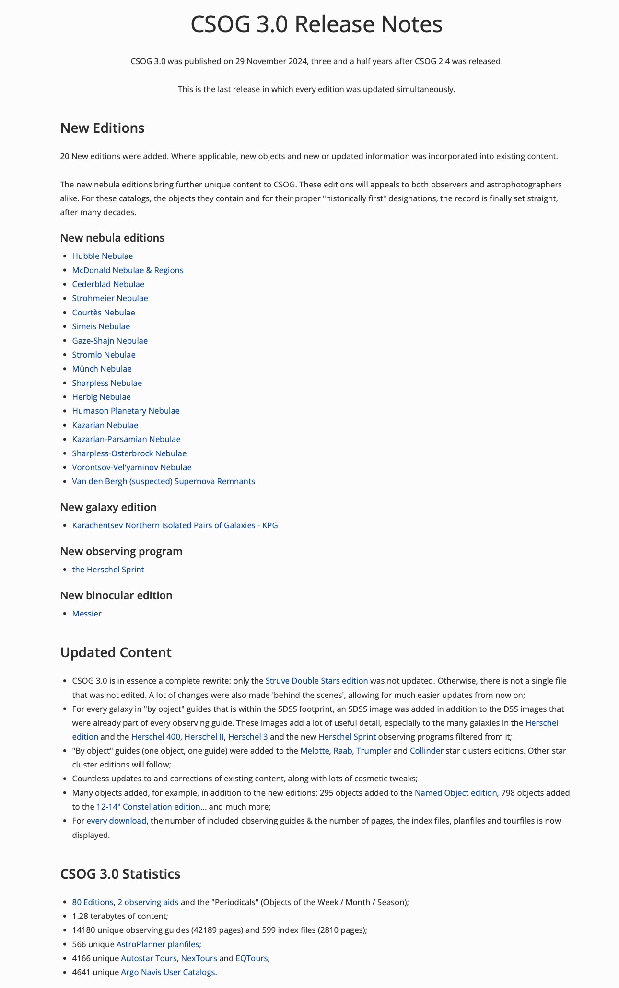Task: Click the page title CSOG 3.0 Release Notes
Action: coord(316,24)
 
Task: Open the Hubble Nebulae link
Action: coord(102,256)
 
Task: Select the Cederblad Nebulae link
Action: coord(108,284)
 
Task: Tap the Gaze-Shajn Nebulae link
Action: coord(110,341)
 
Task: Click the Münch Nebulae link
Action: coord(102,369)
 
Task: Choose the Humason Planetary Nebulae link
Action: coord(126,411)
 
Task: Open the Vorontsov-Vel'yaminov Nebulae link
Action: coord(131,467)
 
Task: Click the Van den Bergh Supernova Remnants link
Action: coord(163,481)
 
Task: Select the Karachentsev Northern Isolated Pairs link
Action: coord(175,525)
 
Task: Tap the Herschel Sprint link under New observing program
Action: coord(108,570)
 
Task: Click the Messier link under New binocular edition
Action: coord(87,614)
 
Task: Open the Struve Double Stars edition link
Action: coord(316,681)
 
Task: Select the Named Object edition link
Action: coord(455,793)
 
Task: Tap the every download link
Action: coord(116,821)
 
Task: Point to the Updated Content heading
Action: coord(116,652)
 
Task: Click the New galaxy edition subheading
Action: coord(108,507)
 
